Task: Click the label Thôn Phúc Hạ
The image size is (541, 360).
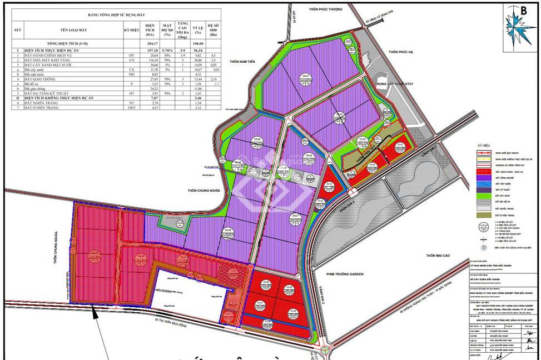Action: point(401,52)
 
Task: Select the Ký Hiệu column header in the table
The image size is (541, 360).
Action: point(131,29)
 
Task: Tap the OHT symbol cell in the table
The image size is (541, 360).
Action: point(132,108)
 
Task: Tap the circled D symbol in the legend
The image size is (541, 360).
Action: point(483,247)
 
